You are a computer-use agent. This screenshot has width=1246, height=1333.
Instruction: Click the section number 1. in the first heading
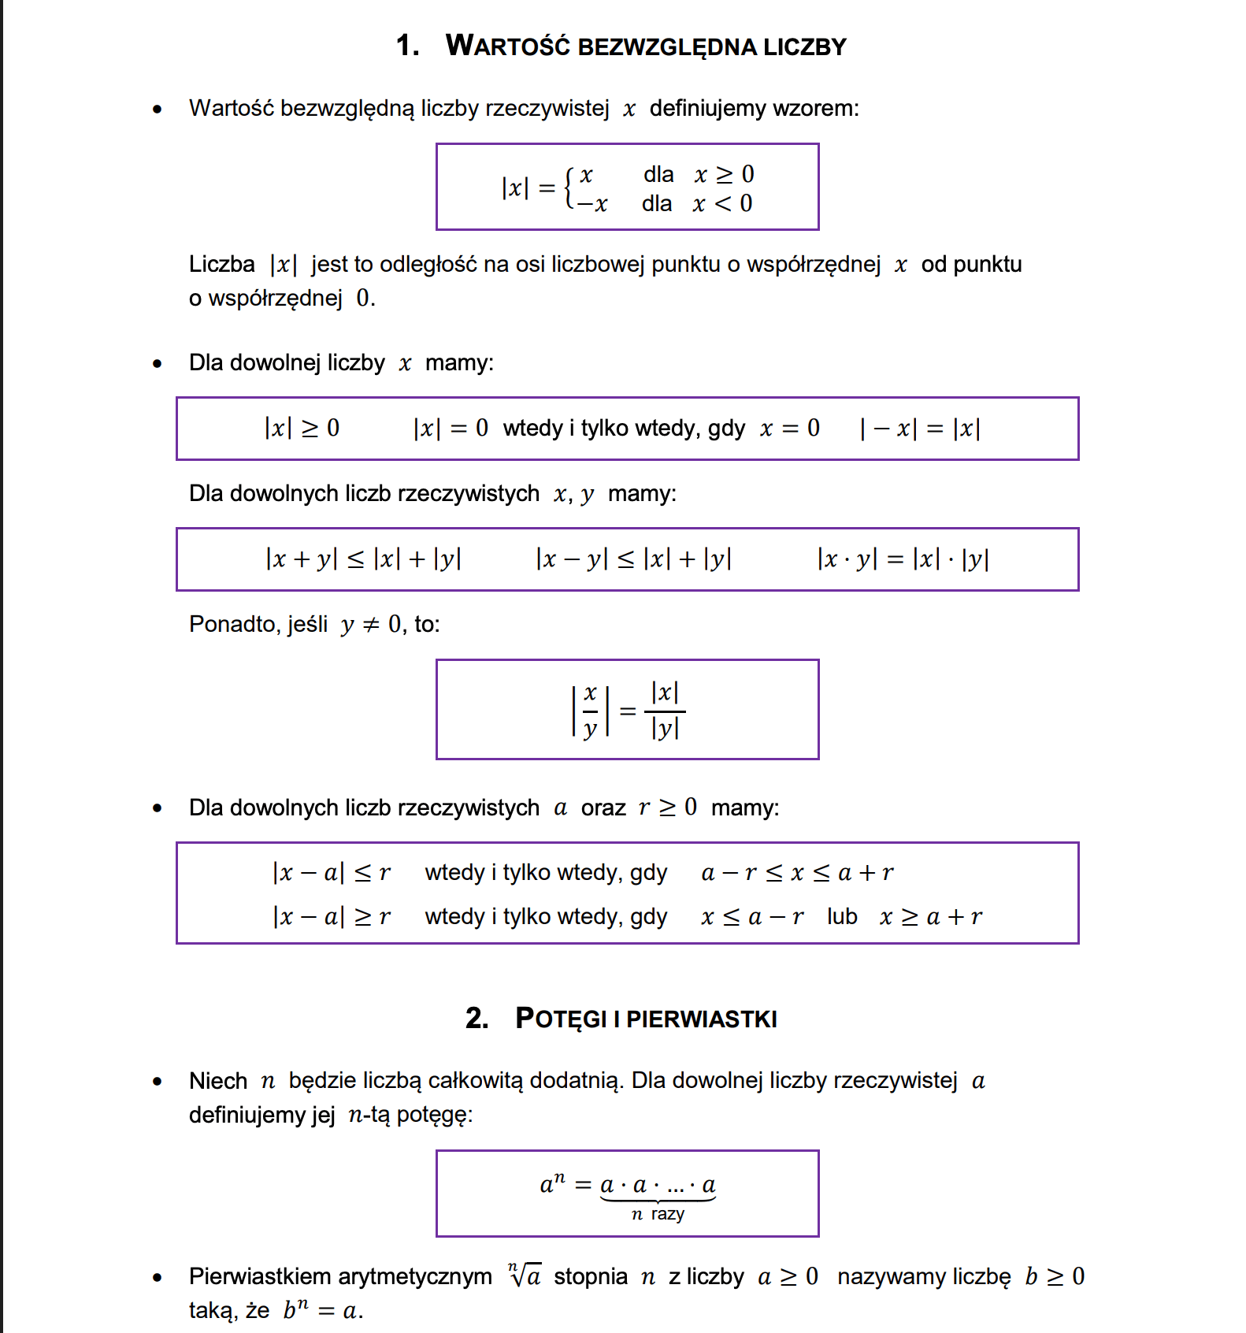(x=407, y=46)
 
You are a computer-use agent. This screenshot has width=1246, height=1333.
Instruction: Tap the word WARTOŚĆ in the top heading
(x=508, y=46)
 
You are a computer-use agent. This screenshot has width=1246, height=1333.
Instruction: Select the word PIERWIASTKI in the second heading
(x=702, y=1019)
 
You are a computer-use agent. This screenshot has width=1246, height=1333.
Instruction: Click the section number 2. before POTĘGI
(x=477, y=1019)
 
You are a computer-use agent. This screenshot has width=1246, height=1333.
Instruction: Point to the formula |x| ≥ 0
(x=302, y=428)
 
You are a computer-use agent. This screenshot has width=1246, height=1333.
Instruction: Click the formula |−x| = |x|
(x=920, y=429)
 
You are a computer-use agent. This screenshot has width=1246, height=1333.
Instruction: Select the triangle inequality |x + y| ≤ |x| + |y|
(x=363, y=559)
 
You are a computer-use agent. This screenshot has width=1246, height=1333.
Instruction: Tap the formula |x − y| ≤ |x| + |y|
(x=633, y=559)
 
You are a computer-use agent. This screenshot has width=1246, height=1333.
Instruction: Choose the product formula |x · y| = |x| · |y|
(x=903, y=559)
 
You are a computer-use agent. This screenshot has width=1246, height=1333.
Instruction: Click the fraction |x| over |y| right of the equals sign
(x=665, y=711)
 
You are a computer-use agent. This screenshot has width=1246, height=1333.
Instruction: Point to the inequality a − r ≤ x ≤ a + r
(x=797, y=872)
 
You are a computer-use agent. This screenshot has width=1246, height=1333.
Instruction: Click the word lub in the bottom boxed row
(x=842, y=916)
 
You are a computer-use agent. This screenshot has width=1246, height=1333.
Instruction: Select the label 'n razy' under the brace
(x=658, y=1214)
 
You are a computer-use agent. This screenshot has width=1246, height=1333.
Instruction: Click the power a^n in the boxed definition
(x=552, y=1183)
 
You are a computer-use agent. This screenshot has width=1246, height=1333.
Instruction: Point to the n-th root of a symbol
(x=525, y=1275)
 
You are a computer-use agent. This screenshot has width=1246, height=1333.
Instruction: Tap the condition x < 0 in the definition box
(x=722, y=204)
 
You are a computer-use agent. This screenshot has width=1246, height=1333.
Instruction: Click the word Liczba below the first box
(x=221, y=264)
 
